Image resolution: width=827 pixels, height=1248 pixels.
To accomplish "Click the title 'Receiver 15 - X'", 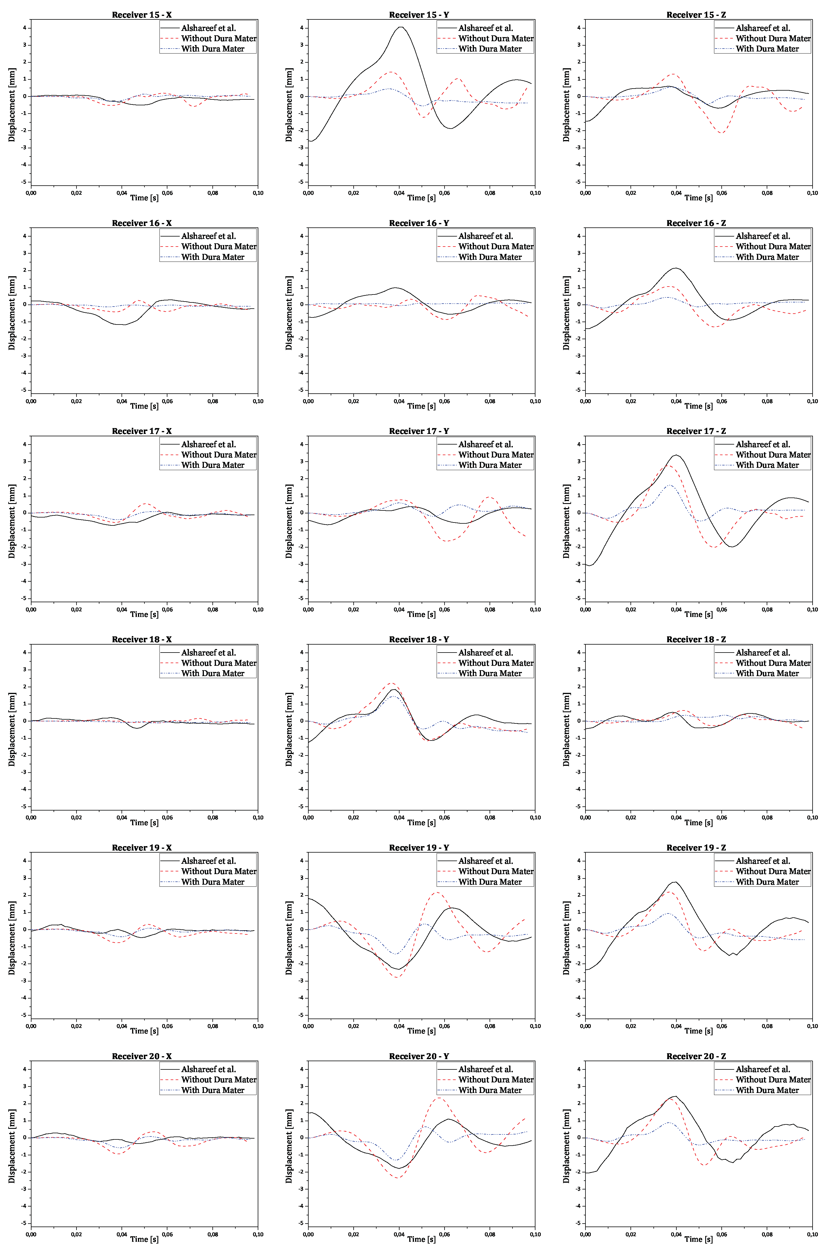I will [x=141, y=15].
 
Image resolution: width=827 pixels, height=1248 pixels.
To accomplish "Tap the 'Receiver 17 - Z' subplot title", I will [x=696, y=431].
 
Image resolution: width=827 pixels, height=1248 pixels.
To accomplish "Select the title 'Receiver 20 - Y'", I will [x=419, y=1056].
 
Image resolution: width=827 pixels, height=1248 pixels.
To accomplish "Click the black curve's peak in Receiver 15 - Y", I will [x=401, y=27].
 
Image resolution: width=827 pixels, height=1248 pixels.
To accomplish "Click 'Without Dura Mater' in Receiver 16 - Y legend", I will [x=496, y=246].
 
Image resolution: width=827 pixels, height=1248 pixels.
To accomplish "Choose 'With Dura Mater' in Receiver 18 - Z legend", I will [x=767, y=673].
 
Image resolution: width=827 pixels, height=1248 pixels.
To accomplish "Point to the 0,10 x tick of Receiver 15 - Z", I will [x=812, y=193].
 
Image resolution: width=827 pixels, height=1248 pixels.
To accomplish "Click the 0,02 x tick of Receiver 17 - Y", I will [x=353, y=609].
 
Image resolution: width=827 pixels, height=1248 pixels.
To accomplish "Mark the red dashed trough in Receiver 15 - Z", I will [x=721, y=132].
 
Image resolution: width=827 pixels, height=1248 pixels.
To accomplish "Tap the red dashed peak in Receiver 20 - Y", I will [x=439, y=1098].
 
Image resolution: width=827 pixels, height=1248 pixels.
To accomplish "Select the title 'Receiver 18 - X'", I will [x=141, y=639].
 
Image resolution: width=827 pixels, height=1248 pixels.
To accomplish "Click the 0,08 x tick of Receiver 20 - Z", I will [x=767, y=1234].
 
